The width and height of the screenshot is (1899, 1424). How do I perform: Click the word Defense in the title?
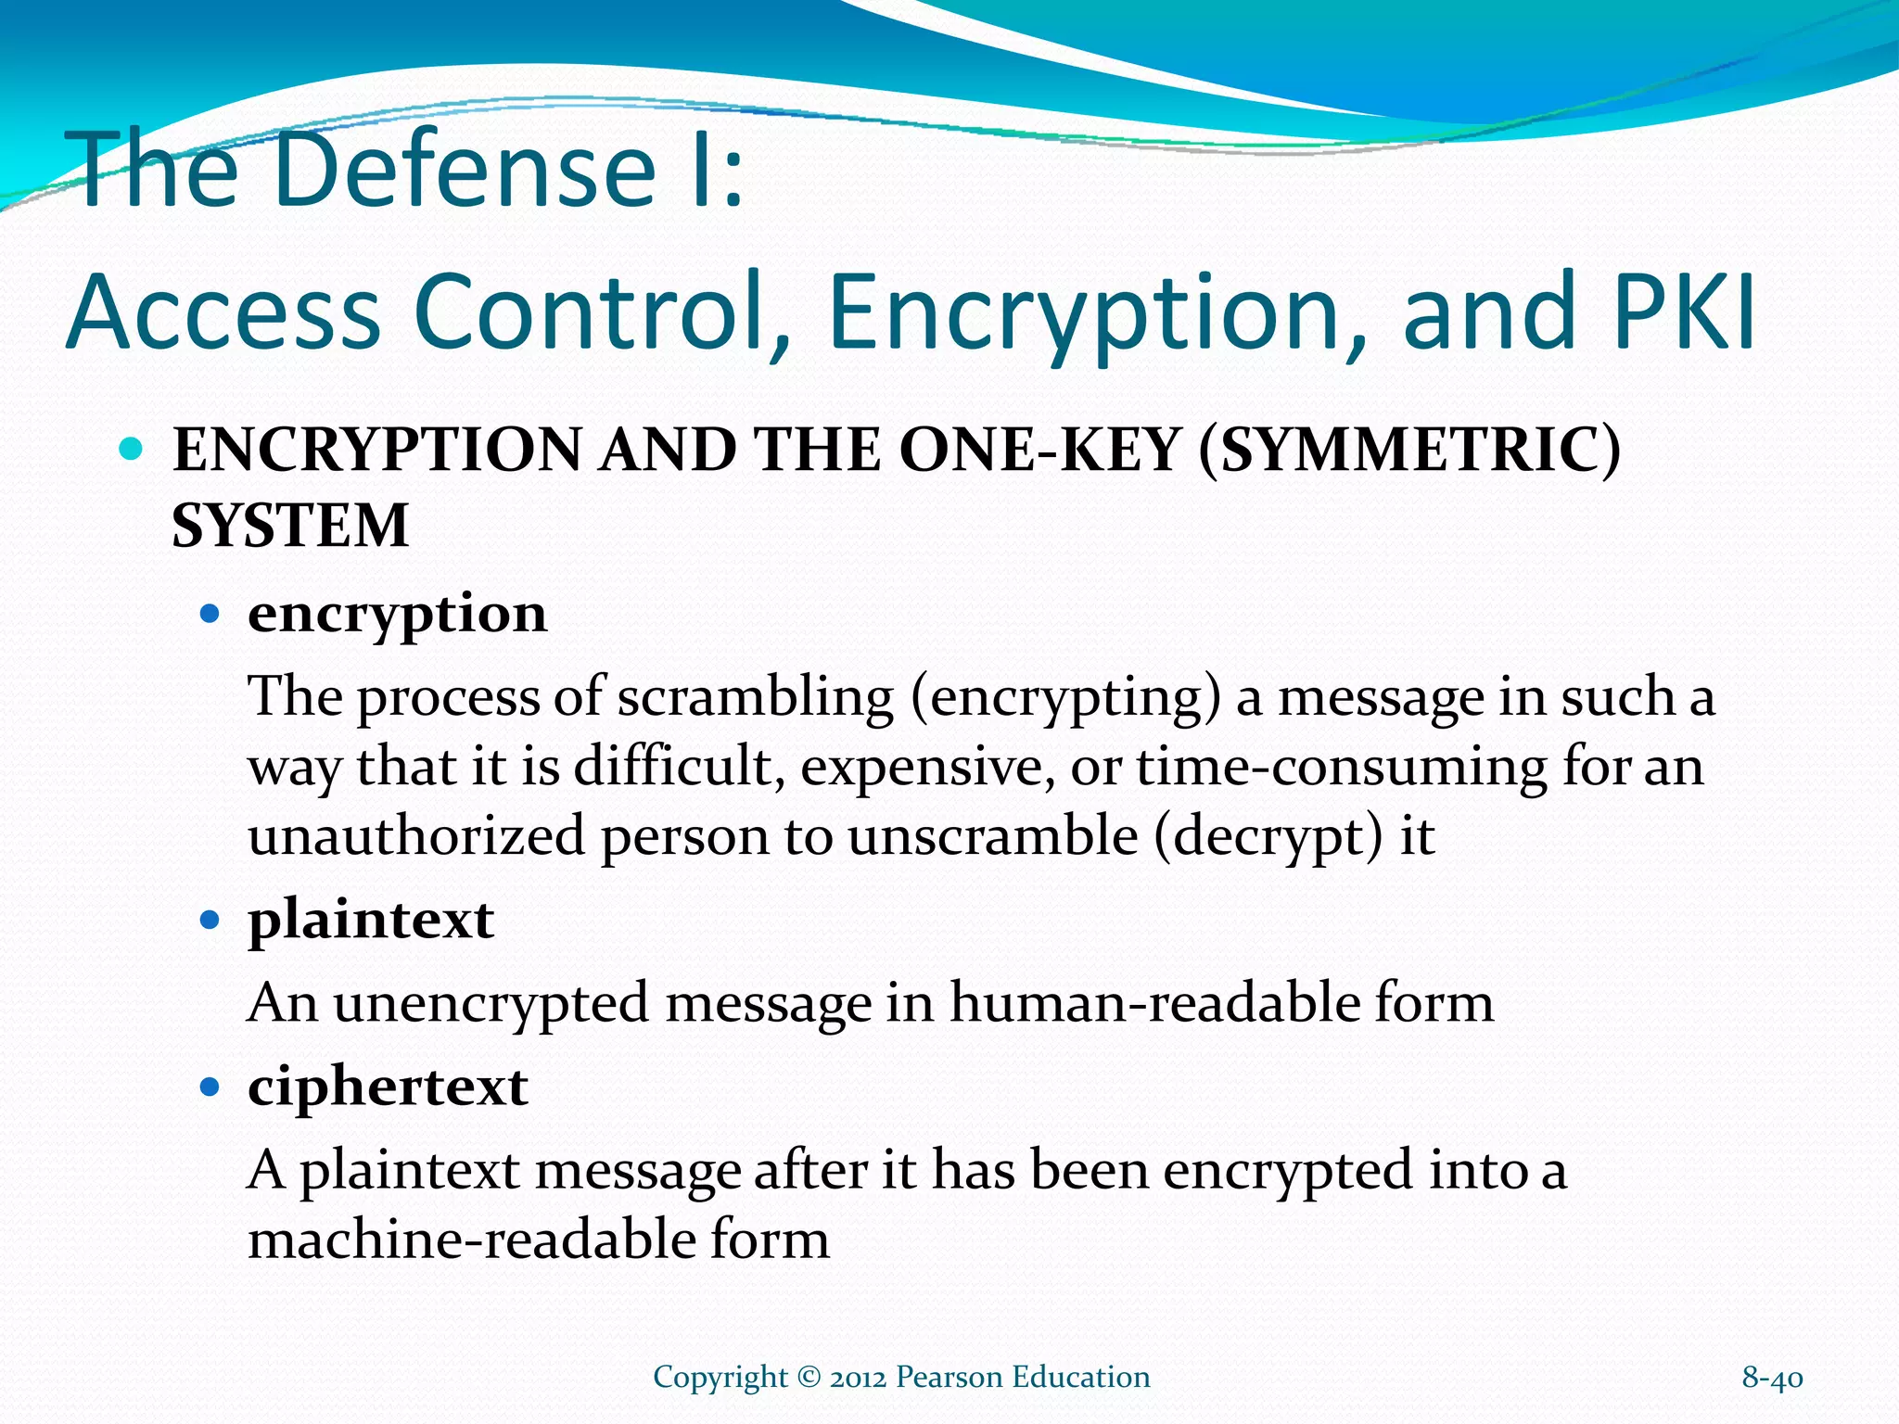(464, 170)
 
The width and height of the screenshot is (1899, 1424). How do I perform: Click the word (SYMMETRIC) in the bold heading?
(1409, 451)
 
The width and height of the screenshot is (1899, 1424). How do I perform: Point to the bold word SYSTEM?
(290, 526)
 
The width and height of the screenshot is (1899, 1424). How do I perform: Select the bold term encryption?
(397, 614)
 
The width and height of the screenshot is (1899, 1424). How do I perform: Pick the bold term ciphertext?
(388, 1087)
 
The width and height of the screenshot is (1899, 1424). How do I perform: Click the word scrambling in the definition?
(755, 697)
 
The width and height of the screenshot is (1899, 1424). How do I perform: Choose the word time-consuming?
(1342, 768)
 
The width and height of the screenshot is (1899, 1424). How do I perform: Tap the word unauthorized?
(416, 836)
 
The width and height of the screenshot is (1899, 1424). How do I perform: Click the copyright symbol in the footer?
(809, 1377)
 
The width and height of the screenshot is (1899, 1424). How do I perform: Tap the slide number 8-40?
(1772, 1378)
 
